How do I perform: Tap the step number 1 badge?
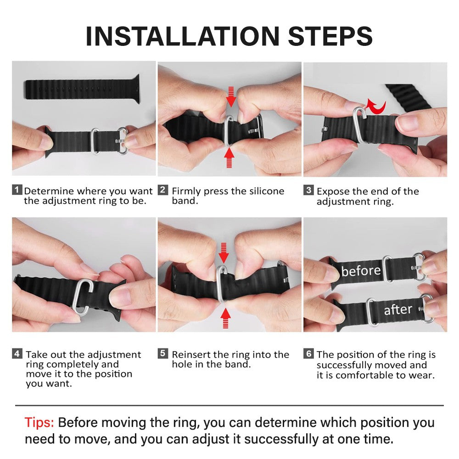pyautogui.click(x=17, y=190)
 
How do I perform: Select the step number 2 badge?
pyautogui.click(x=163, y=190)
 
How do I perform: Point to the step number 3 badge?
pyautogui.click(x=308, y=190)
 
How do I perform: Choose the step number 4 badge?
pyautogui.click(x=17, y=354)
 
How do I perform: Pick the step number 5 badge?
pyautogui.click(x=163, y=354)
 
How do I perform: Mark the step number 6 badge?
pyautogui.click(x=308, y=354)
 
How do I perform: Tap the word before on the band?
pyautogui.click(x=361, y=271)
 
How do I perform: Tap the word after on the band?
pyautogui.click(x=397, y=310)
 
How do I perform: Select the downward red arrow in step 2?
pyautogui.click(x=231, y=95)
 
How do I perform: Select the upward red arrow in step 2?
pyautogui.click(x=230, y=159)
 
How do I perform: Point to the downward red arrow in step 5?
pyautogui.click(x=224, y=252)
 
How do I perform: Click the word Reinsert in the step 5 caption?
pyautogui.click(x=191, y=354)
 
